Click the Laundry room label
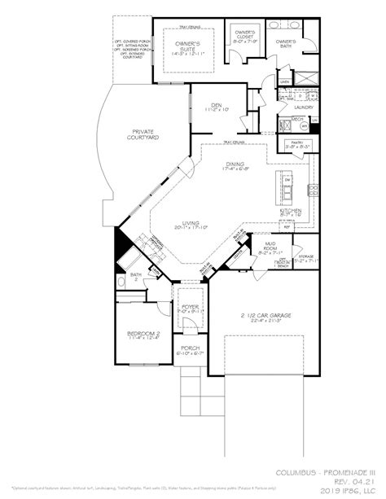305,106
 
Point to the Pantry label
294,144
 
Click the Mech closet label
297,119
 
